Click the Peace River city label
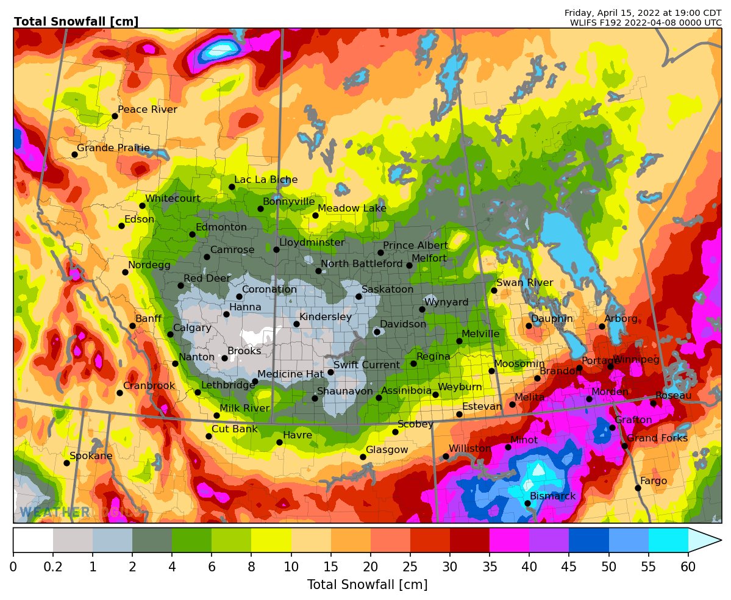tap(147, 110)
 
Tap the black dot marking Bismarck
tap(527, 503)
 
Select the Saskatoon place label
tap(387, 290)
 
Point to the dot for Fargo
tap(638, 488)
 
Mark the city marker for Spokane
tap(66, 463)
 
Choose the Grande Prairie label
tap(113, 148)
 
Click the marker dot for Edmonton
tap(192, 234)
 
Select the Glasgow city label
tap(387, 450)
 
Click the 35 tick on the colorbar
tap(490, 568)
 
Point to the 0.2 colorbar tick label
tap(53, 568)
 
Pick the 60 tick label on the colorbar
tap(688, 568)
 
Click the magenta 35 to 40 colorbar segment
tap(509, 540)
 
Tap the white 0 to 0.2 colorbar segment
tap(33, 540)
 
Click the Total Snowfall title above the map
tap(76, 22)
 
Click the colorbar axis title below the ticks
tap(367, 585)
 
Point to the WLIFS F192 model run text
tap(646, 23)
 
